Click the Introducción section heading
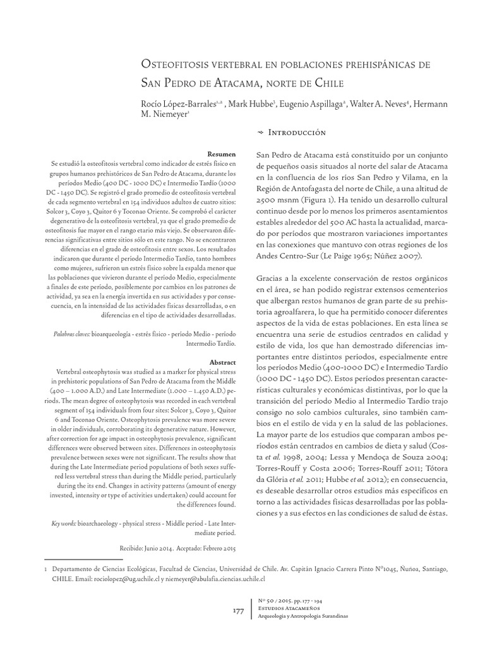coord(297,132)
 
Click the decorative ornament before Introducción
coord(261,132)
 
